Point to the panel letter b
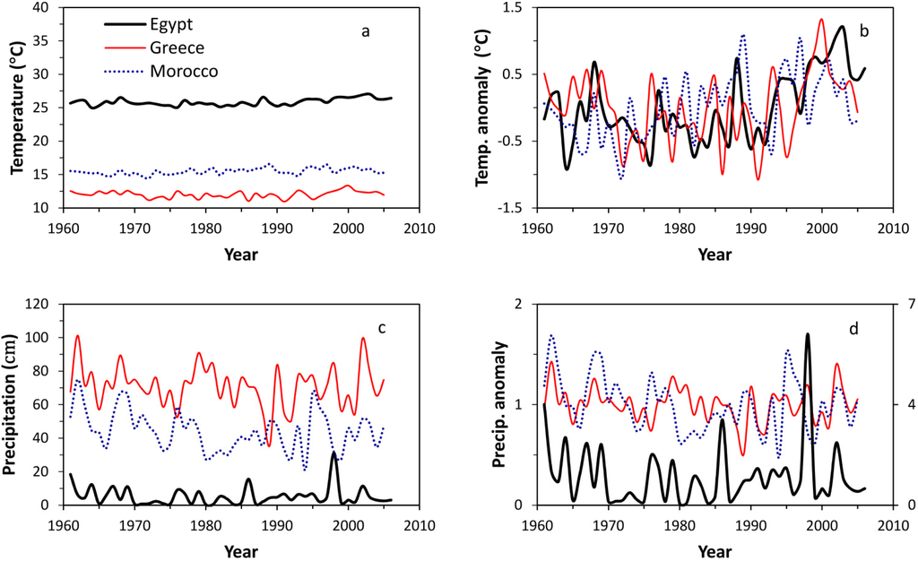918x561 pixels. pyautogui.click(x=863, y=32)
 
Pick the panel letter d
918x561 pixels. pyautogui.click(x=853, y=329)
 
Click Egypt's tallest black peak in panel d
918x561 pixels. pyautogui.click(x=808, y=335)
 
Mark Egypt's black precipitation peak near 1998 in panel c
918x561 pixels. pyautogui.click(x=334, y=453)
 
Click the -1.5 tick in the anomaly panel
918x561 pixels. pyautogui.click(x=514, y=208)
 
